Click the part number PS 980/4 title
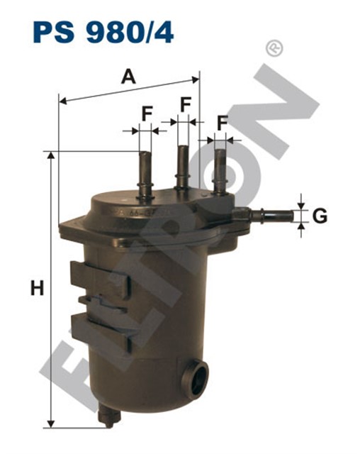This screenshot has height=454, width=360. click(103, 33)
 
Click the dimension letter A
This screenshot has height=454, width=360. click(128, 77)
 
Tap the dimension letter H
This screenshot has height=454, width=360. click(38, 288)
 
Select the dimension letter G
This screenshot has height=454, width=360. click(320, 216)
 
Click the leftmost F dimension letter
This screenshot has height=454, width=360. click(147, 113)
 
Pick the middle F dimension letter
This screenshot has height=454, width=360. click(186, 104)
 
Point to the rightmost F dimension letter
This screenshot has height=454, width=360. click(223, 123)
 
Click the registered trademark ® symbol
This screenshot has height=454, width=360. click(274, 48)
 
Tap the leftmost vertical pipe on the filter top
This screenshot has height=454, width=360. click(145, 175)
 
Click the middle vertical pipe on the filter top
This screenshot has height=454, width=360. click(182, 167)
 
